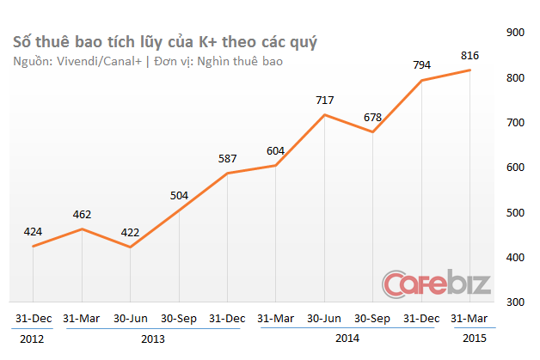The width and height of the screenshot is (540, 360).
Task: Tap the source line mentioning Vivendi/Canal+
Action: [x=147, y=62]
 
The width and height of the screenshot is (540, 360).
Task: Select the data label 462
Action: [x=82, y=213]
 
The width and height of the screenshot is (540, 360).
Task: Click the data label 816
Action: [x=469, y=55]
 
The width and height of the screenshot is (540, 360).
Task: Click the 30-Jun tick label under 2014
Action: [x=324, y=318]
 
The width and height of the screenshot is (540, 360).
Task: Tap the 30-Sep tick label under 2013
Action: [x=179, y=318]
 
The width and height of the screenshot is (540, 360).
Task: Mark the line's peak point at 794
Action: [x=421, y=81]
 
